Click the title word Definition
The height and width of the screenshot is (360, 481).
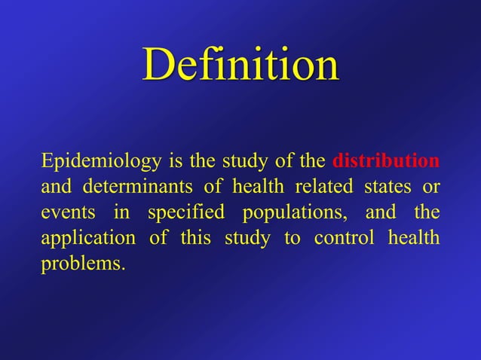pos(240,66)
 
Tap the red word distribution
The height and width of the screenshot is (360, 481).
pos(386,161)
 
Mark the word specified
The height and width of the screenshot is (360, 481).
pos(185,213)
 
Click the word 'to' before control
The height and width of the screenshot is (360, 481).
pos(291,239)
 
